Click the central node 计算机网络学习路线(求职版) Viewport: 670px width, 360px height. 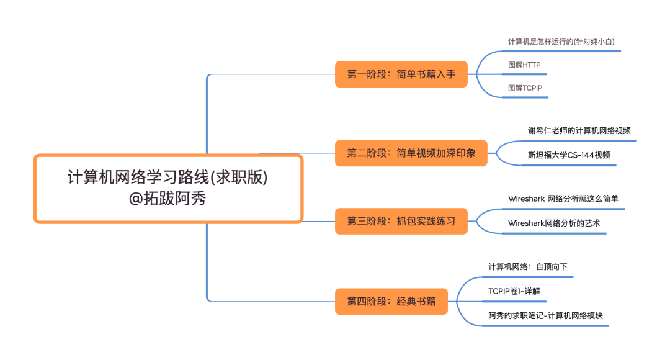point(167,178)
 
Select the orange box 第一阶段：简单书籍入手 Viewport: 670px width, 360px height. point(401,74)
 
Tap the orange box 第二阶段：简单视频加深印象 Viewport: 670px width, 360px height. point(411,153)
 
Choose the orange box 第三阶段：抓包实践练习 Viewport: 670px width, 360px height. point(401,222)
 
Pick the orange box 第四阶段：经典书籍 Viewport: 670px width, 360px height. point(391,302)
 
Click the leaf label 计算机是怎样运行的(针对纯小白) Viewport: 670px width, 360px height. point(565,42)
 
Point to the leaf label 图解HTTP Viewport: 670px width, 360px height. point(524,65)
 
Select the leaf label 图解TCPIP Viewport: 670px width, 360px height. point(525,88)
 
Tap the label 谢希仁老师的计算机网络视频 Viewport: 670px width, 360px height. point(579,130)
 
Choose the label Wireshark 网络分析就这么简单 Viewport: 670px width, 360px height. point(563,199)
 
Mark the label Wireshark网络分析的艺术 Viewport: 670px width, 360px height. point(554,223)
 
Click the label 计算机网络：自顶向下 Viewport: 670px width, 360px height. point(527,267)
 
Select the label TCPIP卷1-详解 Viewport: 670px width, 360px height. point(517,290)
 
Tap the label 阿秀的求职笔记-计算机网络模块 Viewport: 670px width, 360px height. point(545,315)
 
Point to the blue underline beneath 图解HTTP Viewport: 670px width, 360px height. point(527,74)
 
